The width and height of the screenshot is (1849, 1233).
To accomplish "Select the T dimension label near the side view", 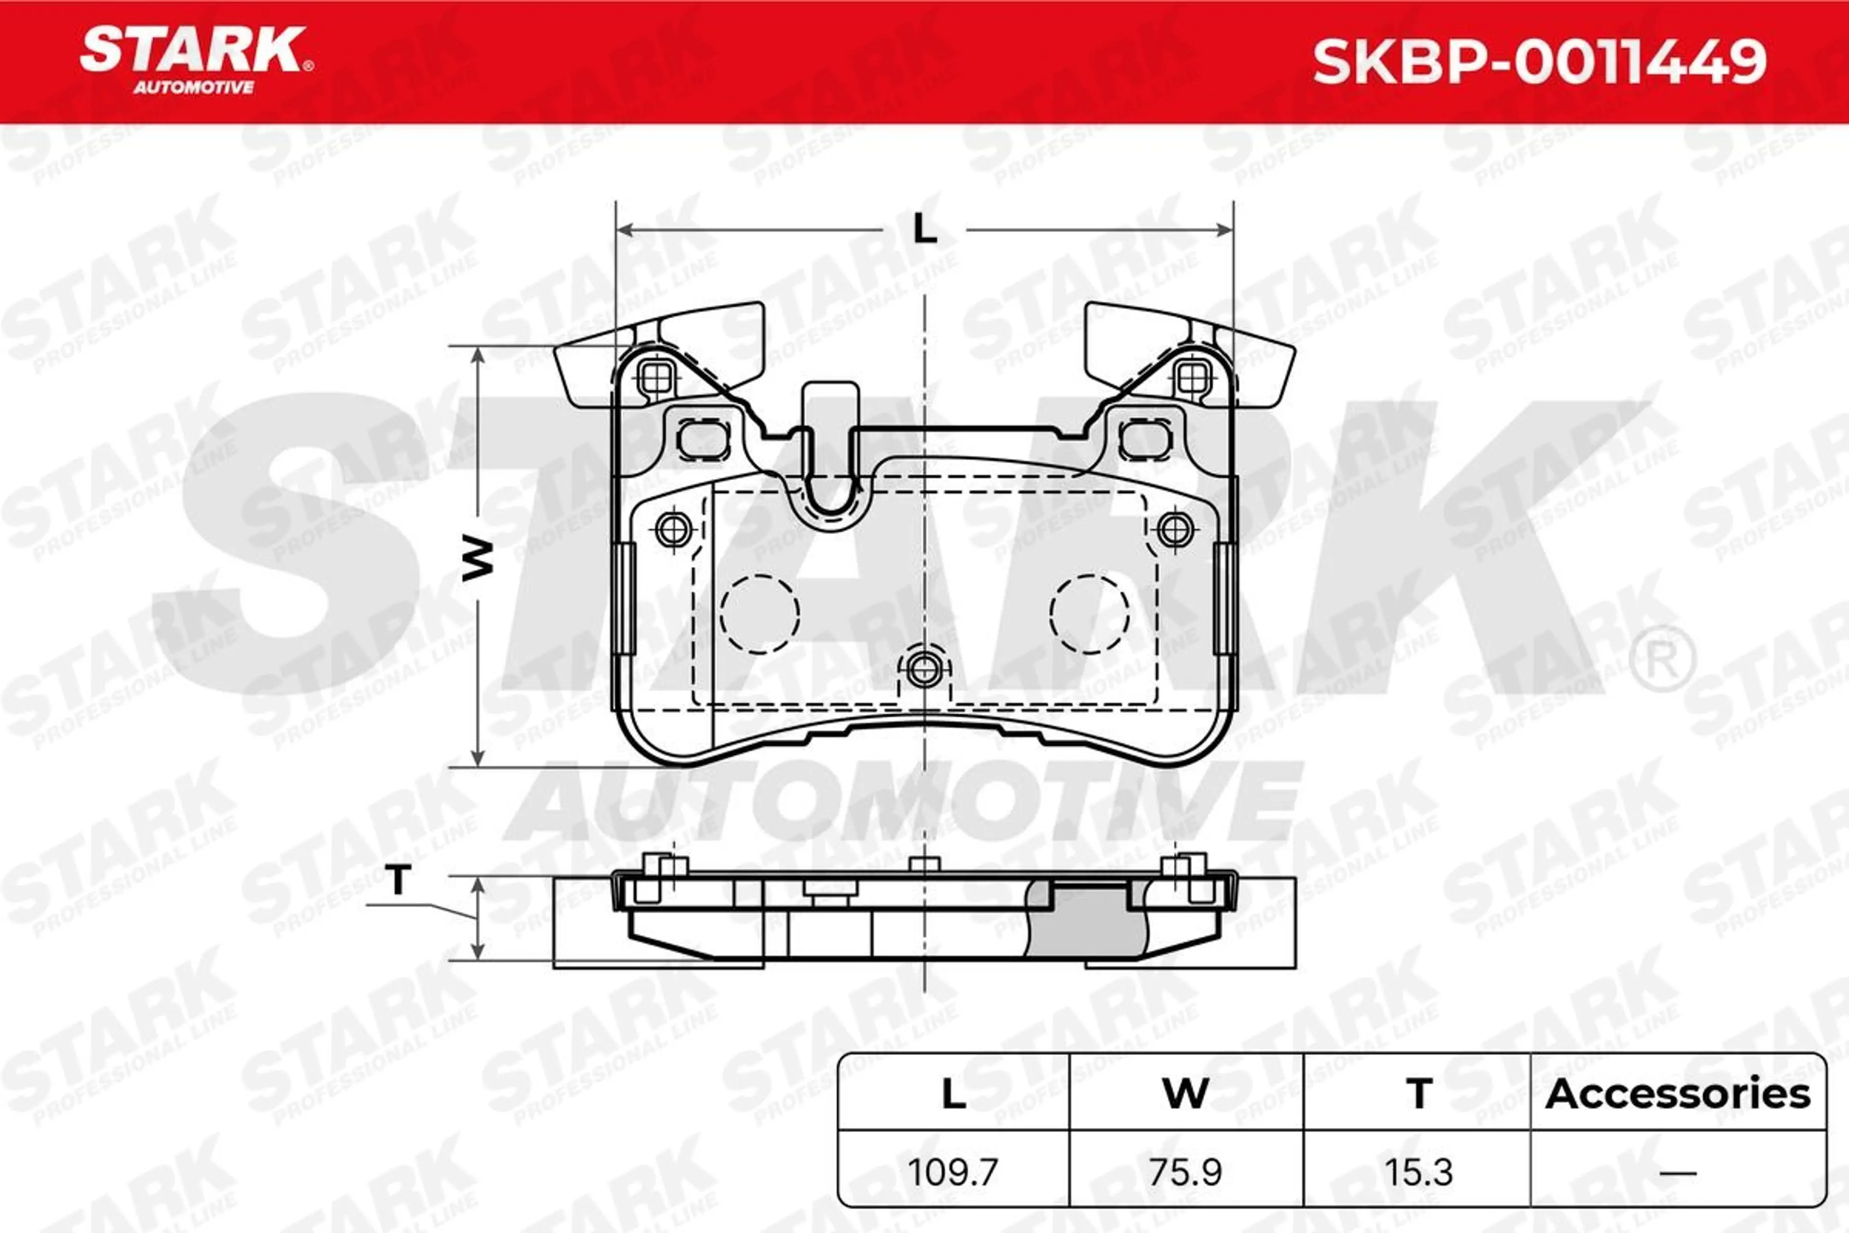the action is coord(399,879).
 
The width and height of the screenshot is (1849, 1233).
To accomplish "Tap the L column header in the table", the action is coord(953,1094).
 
